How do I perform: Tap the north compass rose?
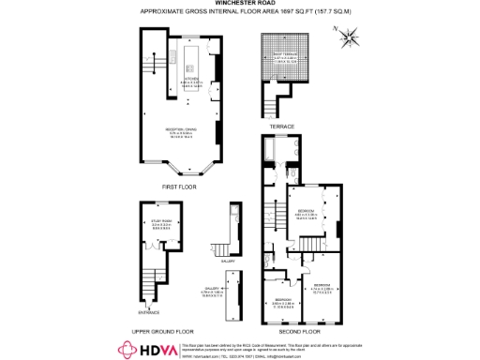(x=350, y=38)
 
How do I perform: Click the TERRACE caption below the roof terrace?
(x=282, y=127)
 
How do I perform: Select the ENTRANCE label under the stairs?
(x=150, y=312)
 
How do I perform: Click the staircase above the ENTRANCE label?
(x=150, y=285)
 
